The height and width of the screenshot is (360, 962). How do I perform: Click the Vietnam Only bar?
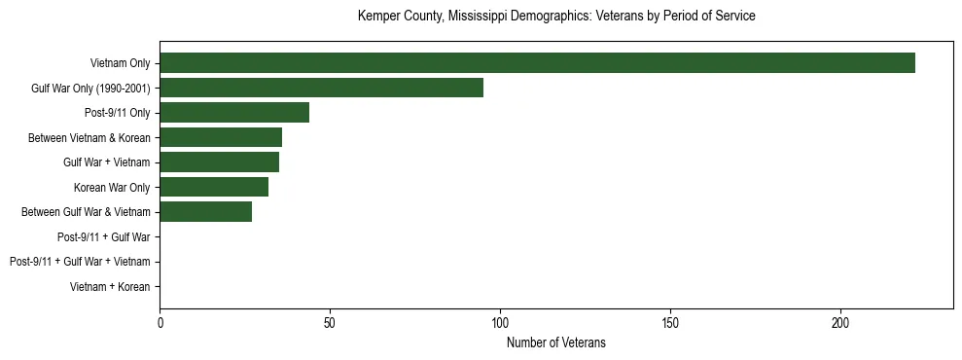pos(537,62)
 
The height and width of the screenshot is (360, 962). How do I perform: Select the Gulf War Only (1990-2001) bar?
pos(321,88)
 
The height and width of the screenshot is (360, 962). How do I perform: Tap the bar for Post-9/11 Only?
pos(234,113)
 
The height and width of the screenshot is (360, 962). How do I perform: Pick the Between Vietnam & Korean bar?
pos(221,137)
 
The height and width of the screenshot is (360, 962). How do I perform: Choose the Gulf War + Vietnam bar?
pos(219,162)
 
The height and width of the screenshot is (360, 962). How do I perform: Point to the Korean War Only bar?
pos(214,187)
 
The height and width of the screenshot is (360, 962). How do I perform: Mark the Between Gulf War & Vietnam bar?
pos(205,212)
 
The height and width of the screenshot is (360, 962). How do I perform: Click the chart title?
pos(556,17)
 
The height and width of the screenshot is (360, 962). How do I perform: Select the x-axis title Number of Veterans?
pos(556,342)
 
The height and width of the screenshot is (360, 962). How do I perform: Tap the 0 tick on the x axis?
pos(160,322)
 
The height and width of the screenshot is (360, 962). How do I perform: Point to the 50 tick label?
pos(330,322)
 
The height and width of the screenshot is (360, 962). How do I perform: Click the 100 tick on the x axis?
pos(500,322)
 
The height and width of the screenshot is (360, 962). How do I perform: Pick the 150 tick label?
pos(670,322)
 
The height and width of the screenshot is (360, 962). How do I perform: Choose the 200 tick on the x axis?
pos(840,322)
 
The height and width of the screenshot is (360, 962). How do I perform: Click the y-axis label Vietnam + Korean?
pos(110,287)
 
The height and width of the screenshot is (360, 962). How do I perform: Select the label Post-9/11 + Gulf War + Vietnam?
pos(80,262)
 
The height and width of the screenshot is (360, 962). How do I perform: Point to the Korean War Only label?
pos(112,187)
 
